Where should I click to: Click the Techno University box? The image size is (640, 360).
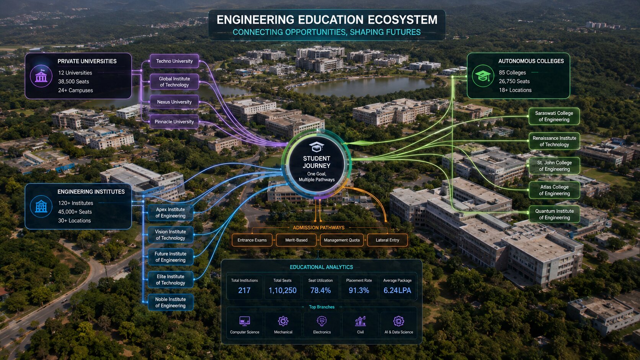click(x=174, y=61)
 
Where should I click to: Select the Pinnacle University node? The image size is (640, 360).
click(x=174, y=122)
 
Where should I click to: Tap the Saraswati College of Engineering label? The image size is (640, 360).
click(x=554, y=116)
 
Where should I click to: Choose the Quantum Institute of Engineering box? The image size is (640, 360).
click(x=554, y=214)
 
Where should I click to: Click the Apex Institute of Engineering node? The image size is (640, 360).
click(x=171, y=212)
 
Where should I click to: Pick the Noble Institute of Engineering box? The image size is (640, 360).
click(x=171, y=302)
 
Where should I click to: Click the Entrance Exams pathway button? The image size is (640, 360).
click(x=252, y=240)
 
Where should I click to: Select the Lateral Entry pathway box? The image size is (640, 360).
click(x=387, y=240)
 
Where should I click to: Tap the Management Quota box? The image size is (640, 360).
click(x=342, y=240)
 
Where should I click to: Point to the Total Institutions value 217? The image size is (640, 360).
click(x=244, y=290)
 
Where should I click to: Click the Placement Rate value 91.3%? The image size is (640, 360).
click(x=359, y=290)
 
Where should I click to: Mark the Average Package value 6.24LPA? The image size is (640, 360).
click(x=397, y=290)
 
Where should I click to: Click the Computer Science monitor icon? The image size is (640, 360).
click(x=245, y=321)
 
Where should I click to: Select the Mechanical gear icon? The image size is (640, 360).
click(x=283, y=321)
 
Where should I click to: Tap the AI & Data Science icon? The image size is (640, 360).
click(x=398, y=321)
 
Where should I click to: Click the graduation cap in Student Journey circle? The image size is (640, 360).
click(x=317, y=147)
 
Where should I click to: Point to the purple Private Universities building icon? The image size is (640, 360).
click(x=41, y=76)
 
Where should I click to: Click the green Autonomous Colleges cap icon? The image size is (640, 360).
click(x=483, y=76)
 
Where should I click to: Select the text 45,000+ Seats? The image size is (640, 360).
click(x=75, y=212)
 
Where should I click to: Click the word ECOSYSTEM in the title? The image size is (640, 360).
click(x=402, y=20)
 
